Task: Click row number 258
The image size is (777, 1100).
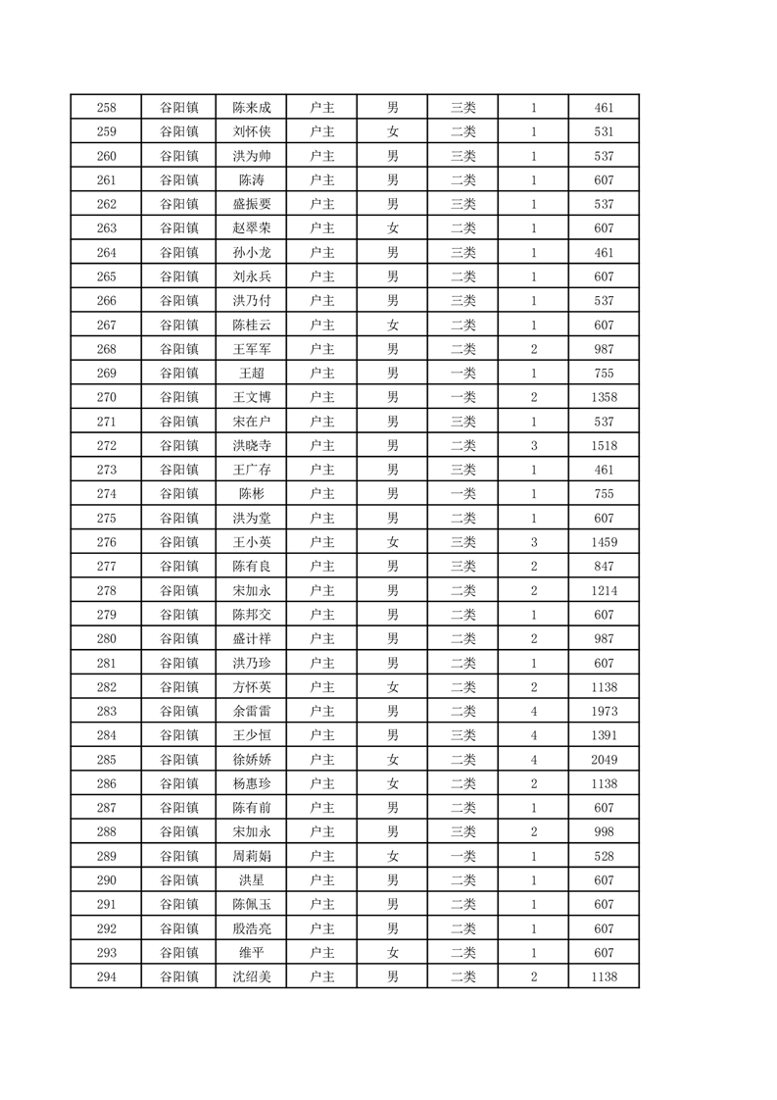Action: (x=106, y=108)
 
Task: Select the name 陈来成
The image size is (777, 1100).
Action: (x=252, y=108)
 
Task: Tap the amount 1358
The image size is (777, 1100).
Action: (x=604, y=397)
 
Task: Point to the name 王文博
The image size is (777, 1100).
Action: (x=252, y=397)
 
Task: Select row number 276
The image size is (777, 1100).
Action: (x=106, y=542)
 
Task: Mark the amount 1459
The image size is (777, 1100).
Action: (x=604, y=542)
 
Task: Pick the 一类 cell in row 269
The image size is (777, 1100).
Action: (x=462, y=374)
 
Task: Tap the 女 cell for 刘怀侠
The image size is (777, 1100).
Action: (x=392, y=132)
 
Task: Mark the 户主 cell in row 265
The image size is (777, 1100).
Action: (x=321, y=276)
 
